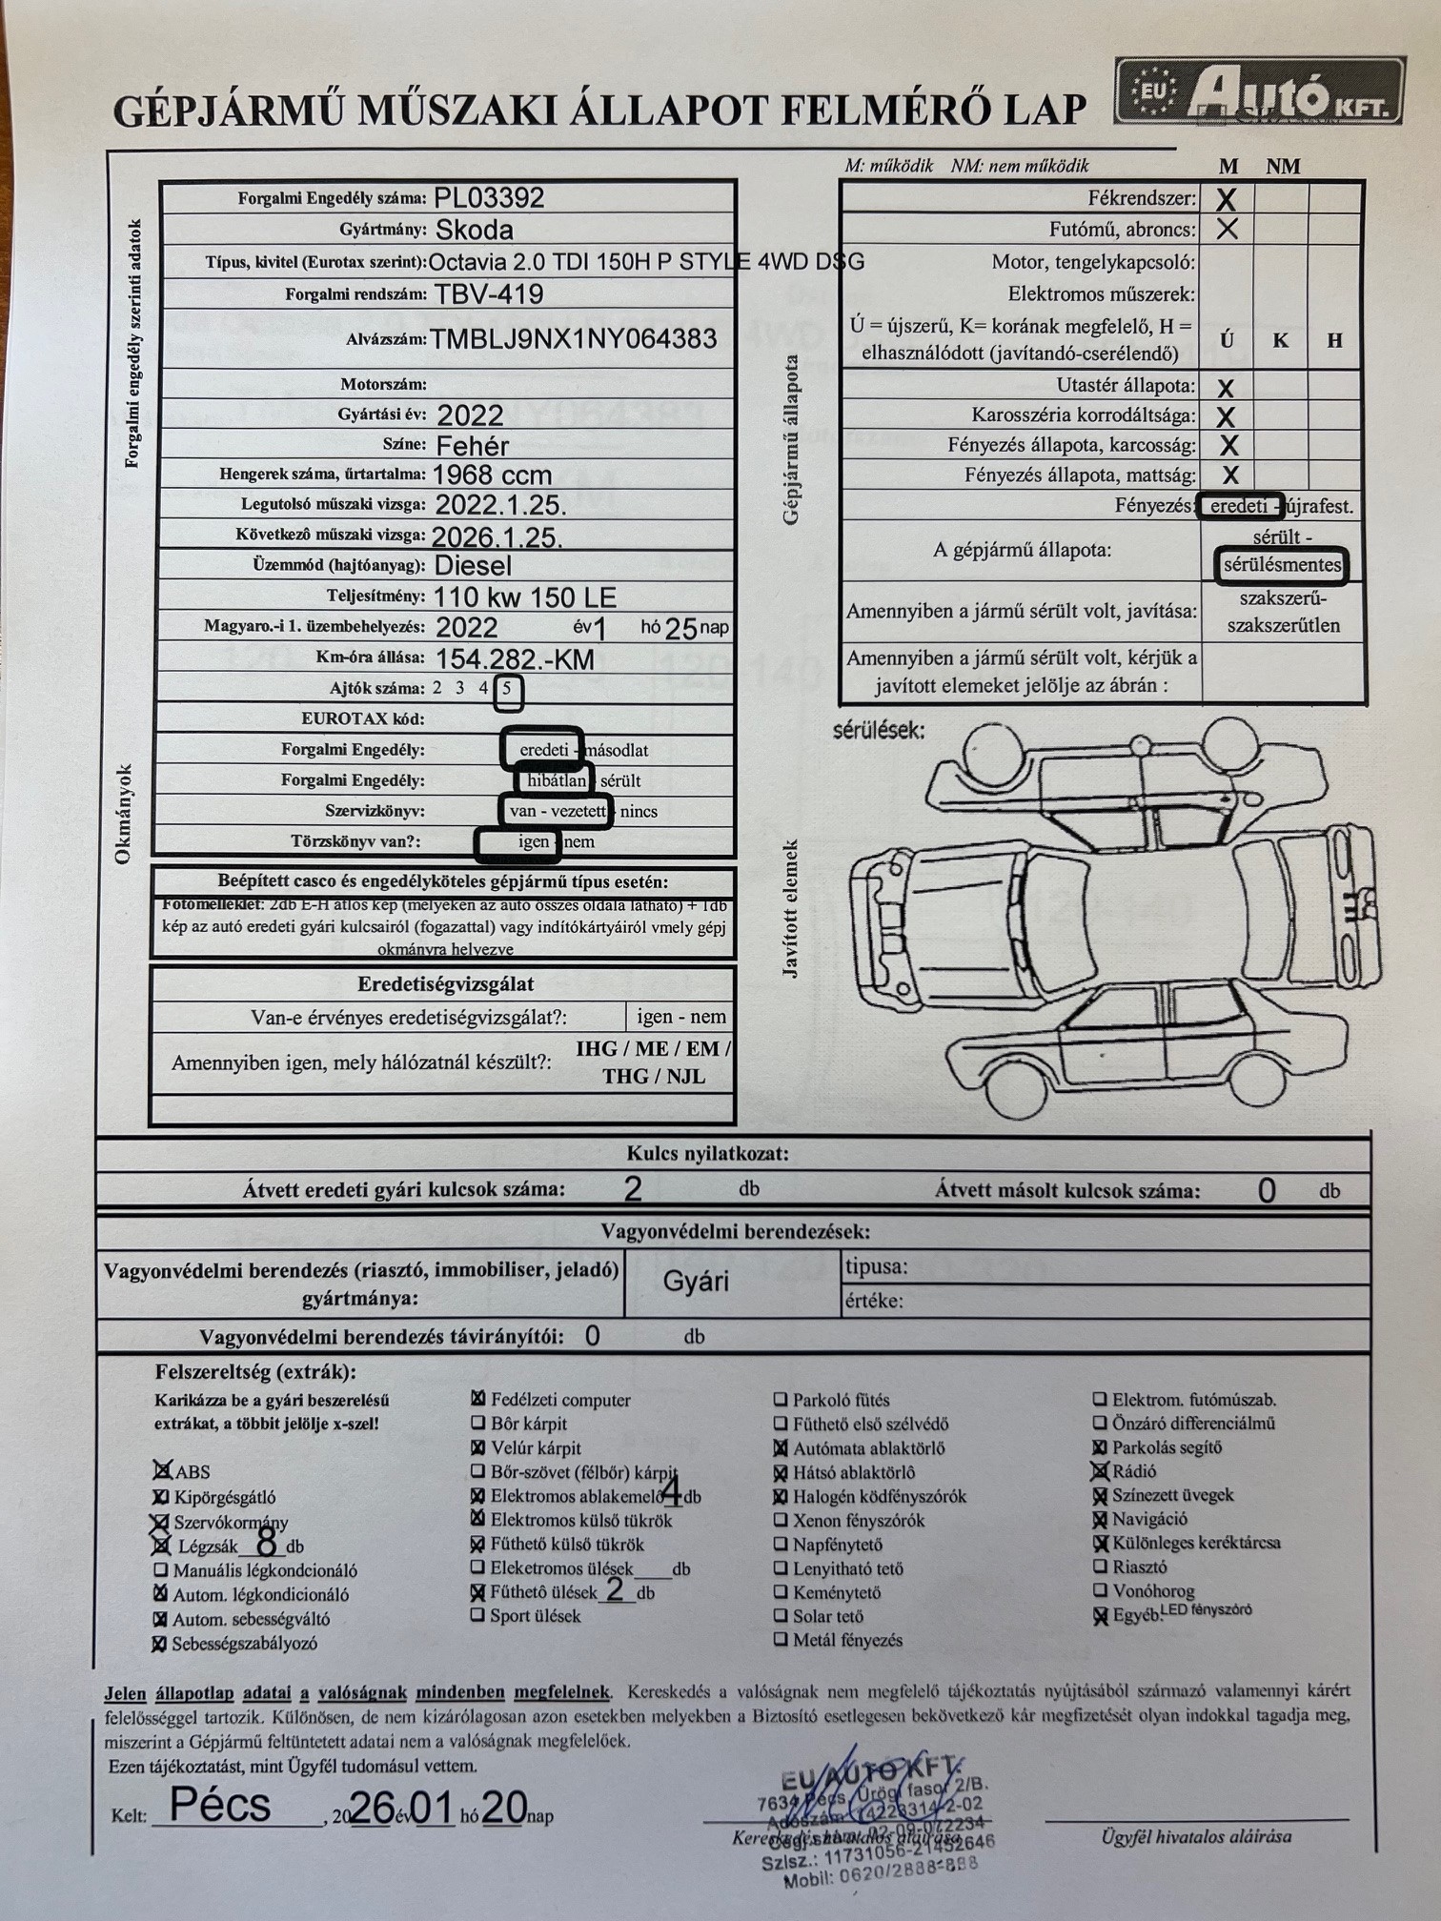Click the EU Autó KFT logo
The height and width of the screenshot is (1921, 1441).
tap(1259, 92)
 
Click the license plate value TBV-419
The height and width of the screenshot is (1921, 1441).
tap(489, 293)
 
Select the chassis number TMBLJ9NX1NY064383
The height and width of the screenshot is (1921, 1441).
tap(573, 339)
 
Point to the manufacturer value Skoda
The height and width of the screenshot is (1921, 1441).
tap(474, 230)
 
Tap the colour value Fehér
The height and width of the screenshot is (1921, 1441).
tap(472, 445)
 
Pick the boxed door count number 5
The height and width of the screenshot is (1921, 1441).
tap(509, 689)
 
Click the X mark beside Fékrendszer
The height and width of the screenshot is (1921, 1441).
tap(1227, 199)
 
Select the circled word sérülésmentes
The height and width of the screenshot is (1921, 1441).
tap(1282, 565)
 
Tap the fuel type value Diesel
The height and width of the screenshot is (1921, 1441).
tap(473, 565)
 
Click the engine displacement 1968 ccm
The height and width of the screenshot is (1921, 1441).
tap(492, 475)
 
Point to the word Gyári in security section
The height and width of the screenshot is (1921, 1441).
tap(696, 1281)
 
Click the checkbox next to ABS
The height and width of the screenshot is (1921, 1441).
tap(163, 1471)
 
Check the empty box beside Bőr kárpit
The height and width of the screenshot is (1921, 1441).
tap(478, 1424)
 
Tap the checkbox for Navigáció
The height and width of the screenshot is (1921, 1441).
tap(1101, 1519)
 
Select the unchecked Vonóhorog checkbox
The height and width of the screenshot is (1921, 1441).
tap(1101, 1590)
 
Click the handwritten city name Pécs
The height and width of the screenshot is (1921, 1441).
tap(220, 1804)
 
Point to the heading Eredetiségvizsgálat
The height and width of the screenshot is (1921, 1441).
tap(445, 984)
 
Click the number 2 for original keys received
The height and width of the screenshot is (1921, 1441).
tap(632, 1189)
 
